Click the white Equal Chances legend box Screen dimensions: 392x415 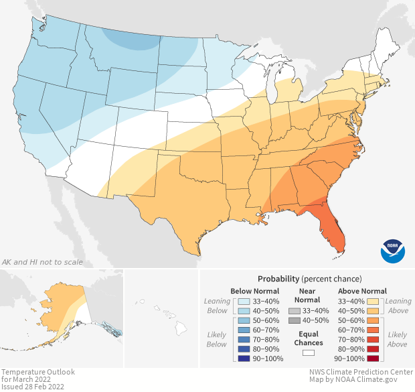pos(309,352)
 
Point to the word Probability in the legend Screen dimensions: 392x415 pos(278,278)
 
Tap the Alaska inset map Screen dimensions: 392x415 pos(67,308)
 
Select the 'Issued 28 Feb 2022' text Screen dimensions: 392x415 pos(33,387)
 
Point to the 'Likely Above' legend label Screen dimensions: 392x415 pos(397,339)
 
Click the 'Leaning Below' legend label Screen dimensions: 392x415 pos(218,306)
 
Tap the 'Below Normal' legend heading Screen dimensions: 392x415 pos(255,291)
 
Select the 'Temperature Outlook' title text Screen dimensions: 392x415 pos(38,372)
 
